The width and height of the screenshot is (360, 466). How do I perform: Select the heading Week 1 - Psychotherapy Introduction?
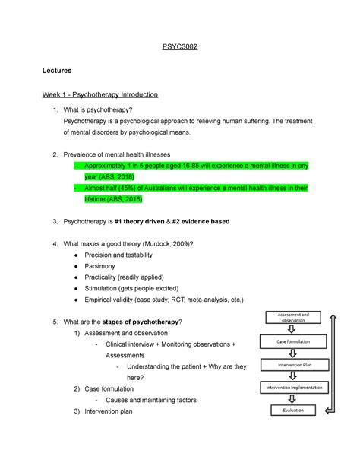(x=100, y=95)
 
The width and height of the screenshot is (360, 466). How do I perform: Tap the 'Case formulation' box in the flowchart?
(x=291, y=342)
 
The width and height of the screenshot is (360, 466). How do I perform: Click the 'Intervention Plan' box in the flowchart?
(x=291, y=365)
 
